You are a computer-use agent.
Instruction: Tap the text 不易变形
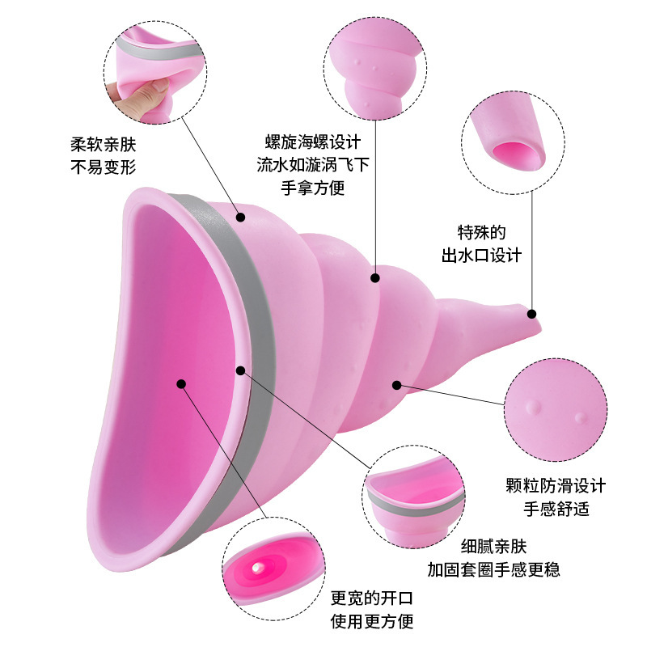point(104,168)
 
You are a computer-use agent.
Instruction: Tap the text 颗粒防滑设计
point(555,486)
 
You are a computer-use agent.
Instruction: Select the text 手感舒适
point(555,509)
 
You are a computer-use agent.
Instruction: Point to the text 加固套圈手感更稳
point(493,569)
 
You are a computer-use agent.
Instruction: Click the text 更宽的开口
point(373,599)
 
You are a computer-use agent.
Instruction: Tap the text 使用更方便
point(373,622)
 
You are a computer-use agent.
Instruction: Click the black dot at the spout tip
point(532,313)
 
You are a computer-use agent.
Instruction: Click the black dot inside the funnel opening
point(181,384)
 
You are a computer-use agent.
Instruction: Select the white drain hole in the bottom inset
point(256,569)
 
